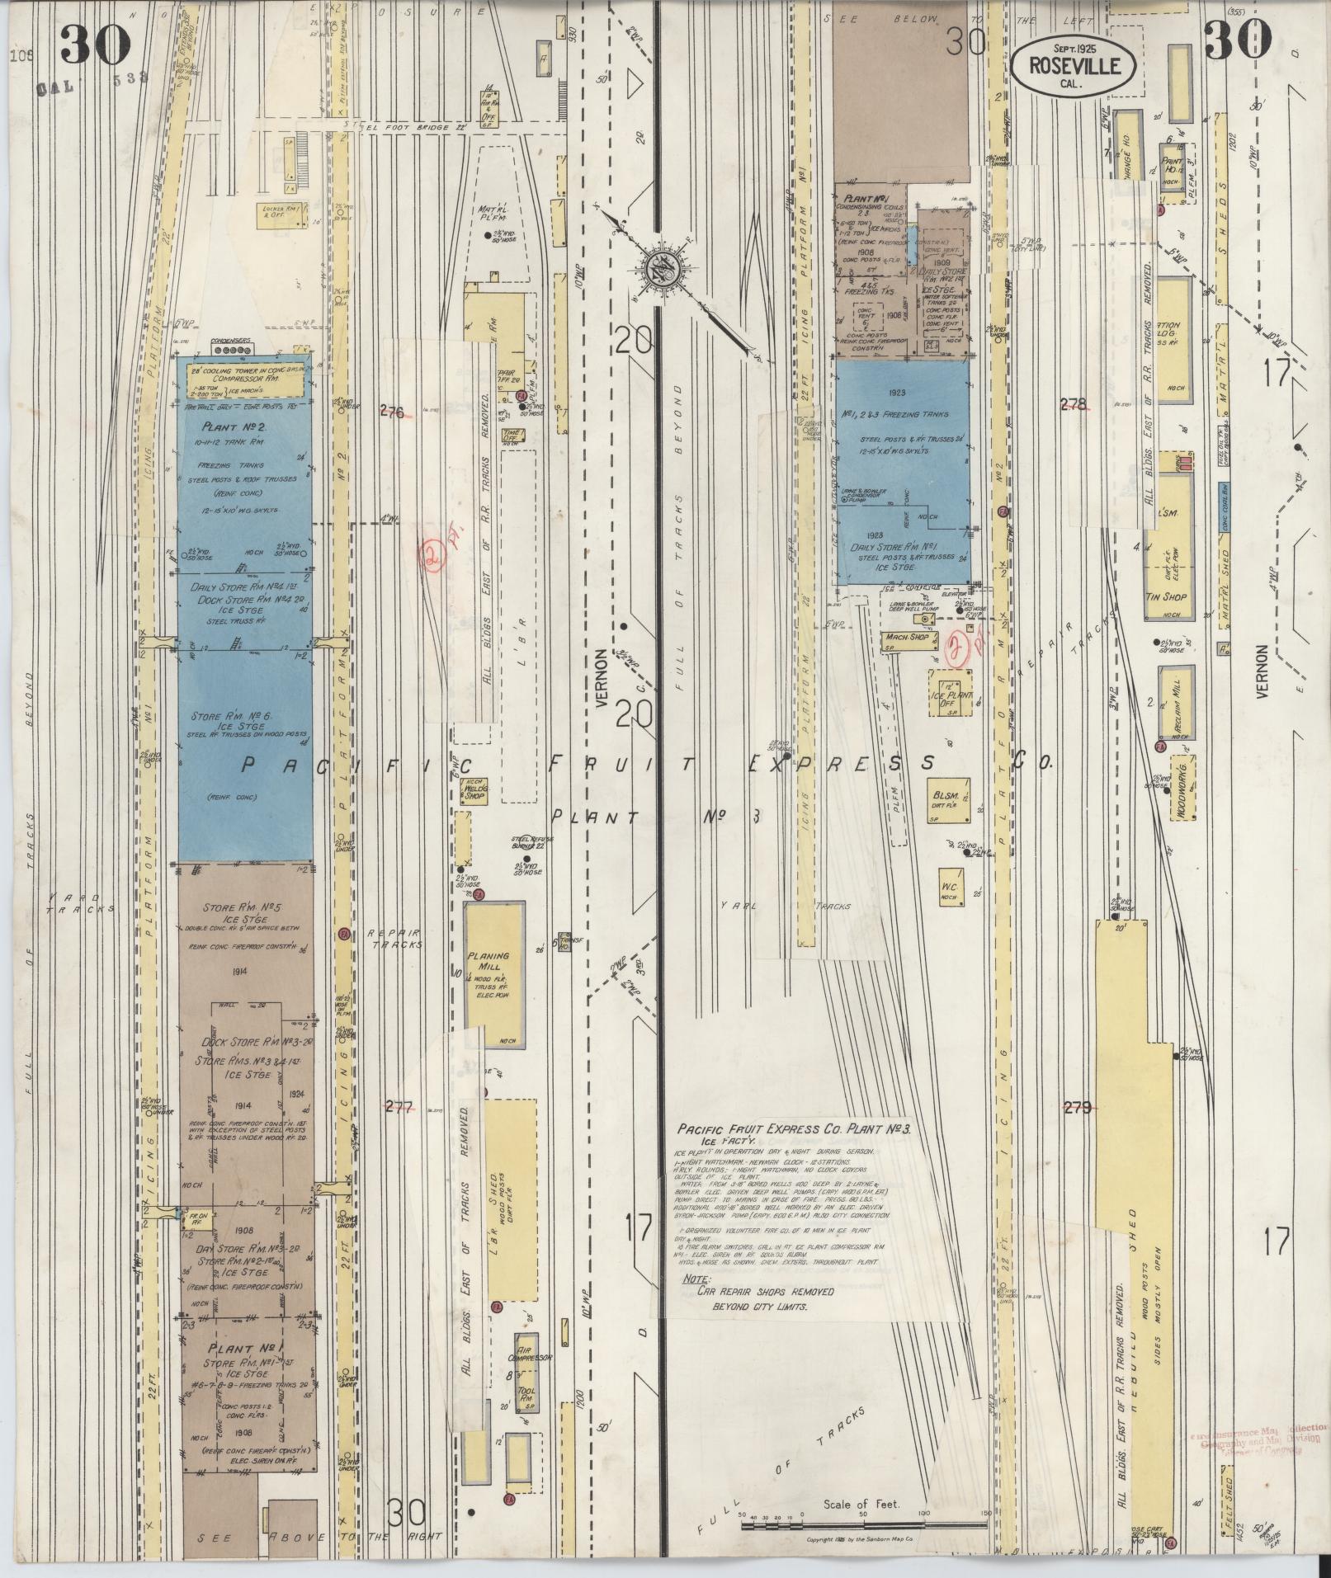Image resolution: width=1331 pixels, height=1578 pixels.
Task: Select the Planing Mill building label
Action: tap(489, 963)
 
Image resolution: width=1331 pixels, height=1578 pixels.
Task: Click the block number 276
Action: tap(392, 412)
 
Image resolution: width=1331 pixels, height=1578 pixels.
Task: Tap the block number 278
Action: tap(1073, 403)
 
